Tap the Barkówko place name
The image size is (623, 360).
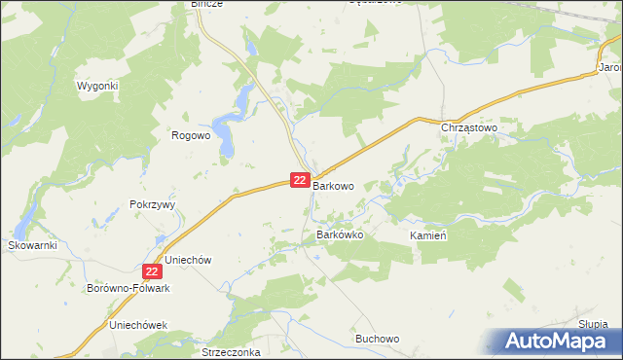coord(340,235)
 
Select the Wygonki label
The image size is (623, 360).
coord(97,86)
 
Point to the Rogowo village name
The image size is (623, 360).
coord(191,136)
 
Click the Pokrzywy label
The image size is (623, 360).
coord(151,205)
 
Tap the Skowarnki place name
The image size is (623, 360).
coord(33,245)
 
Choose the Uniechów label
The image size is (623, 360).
coord(189,261)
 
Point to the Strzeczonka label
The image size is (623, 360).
coord(231,352)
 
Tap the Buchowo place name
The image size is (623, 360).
coord(378,339)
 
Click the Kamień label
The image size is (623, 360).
coord(428,236)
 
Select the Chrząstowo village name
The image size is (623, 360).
coord(469,127)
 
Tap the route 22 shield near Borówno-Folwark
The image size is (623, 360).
coord(151,272)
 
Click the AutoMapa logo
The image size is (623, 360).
coord(557,342)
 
